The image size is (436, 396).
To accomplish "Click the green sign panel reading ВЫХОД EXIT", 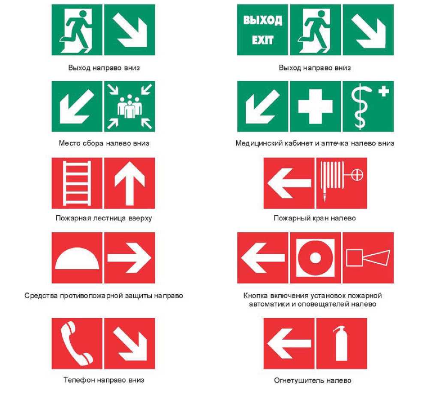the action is (x=262, y=30).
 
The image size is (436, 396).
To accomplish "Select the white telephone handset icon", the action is (x=77, y=343).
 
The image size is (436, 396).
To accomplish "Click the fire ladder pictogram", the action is (x=77, y=183).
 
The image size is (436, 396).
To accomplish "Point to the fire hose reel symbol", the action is (x=341, y=180).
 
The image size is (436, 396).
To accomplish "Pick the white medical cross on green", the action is (x=316, y=106).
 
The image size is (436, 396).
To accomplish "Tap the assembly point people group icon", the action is (x=129, y=107).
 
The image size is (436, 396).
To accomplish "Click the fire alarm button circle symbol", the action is (x=316, y=258).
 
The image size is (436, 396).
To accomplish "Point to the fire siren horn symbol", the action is (x=368, y=258).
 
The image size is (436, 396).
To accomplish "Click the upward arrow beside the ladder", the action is (x=129, y=183).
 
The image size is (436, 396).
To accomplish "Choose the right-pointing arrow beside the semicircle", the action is (x=129, y=258).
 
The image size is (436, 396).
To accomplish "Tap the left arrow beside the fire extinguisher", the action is (x=289, y=344).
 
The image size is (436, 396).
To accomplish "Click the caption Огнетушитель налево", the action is (x=313, y=380).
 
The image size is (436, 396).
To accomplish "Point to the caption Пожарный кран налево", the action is (x=315, y=218).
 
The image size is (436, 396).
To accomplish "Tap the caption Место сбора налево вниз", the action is (x=104, y=143).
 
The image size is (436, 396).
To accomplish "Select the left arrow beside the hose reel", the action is (x=289, y=183).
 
